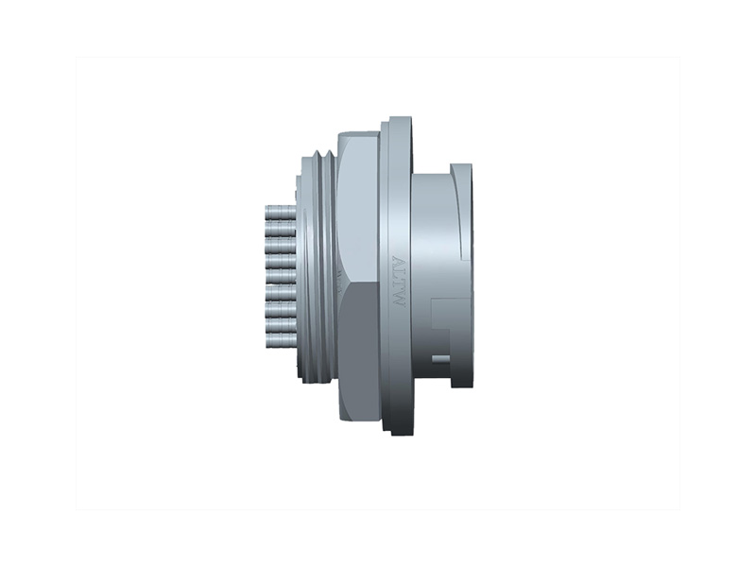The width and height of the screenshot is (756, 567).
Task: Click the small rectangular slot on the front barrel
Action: pos(440,358)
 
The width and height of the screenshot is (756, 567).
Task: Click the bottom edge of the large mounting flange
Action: pos(398,432)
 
